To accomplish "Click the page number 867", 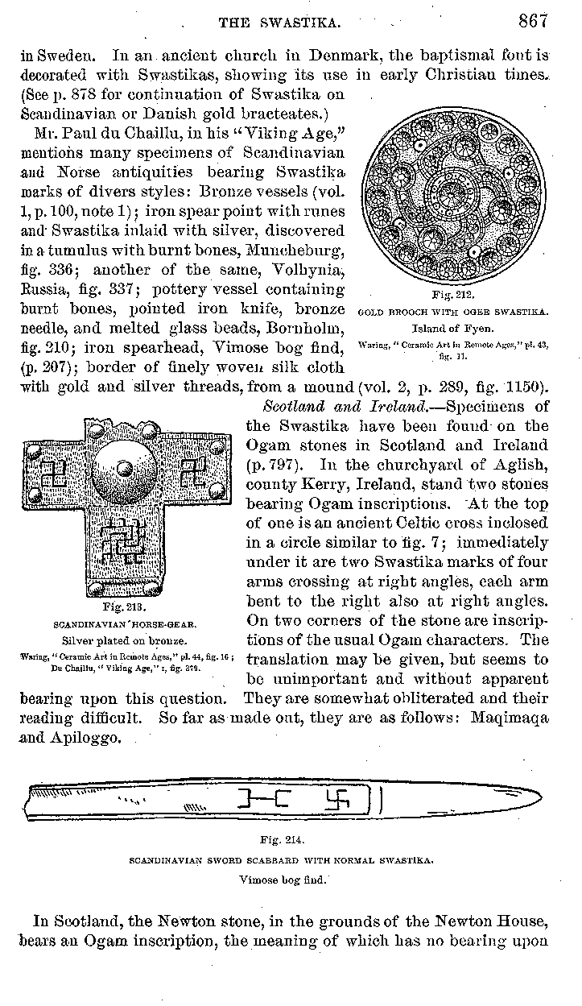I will point(533,22).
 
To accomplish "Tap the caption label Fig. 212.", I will point(455,295).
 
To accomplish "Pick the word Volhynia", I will point(308,270).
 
